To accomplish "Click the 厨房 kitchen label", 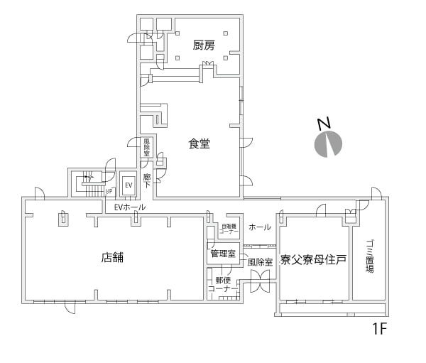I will pos(204,45).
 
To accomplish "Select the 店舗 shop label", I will pos(112,257).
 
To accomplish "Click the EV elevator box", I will pos(129,185).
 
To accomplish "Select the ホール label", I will pos(260,227).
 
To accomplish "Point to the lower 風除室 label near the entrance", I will pos(260,261).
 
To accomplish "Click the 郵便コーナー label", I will pos(220,284).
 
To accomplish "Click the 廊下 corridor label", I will pos(148,180).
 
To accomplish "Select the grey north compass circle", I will pos(327,144).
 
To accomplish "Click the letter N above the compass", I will pos(323,123).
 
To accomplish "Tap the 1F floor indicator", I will pos(380,329).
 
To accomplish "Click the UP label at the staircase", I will pos(109,191).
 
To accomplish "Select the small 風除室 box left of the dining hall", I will pos(147,147).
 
